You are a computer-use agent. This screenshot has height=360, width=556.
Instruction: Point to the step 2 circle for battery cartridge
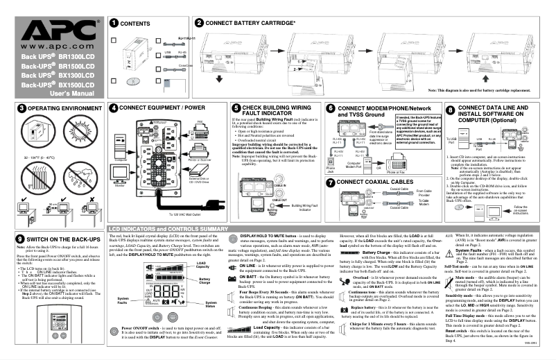[x=200, y=22]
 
